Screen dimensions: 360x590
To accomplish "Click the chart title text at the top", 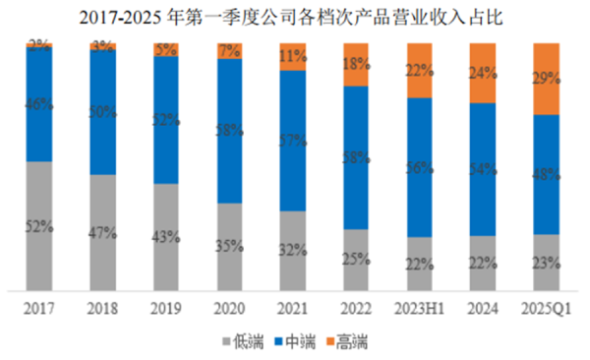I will [295, 16].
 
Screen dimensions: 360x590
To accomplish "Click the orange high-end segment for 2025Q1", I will [546, 79].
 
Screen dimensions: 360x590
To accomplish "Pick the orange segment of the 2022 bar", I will [355, 64].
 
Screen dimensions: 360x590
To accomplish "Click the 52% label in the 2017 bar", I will [39, 226].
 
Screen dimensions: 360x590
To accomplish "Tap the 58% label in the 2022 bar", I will [355, 158].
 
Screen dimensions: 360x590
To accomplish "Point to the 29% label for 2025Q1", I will [546, 78].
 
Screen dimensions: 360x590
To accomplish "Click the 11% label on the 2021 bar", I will [292, 56].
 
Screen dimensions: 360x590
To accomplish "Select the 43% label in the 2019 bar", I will [166, 237].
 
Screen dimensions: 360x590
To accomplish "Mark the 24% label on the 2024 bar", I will [482, 72].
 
